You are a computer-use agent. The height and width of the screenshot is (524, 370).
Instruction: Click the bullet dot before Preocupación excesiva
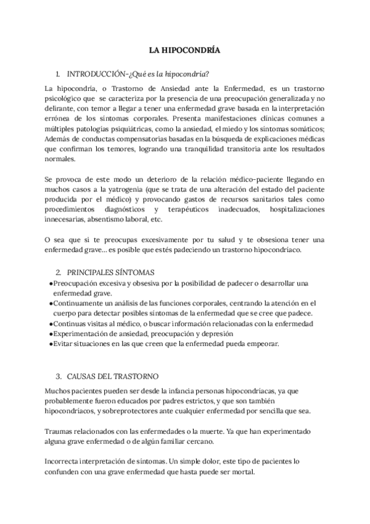pyautogui.click(x=49, y=284)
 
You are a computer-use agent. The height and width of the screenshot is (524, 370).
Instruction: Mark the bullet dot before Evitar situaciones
pyautogui.click(x=49, y=344)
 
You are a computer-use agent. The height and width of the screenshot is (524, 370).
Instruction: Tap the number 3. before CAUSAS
pyautogui.click(x=59, y=376)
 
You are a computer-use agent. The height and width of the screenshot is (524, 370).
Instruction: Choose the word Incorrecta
pyautogui.click(x=64, y=461)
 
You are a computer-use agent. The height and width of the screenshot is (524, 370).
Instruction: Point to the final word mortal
pyautogui.click(x=241, y=471)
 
